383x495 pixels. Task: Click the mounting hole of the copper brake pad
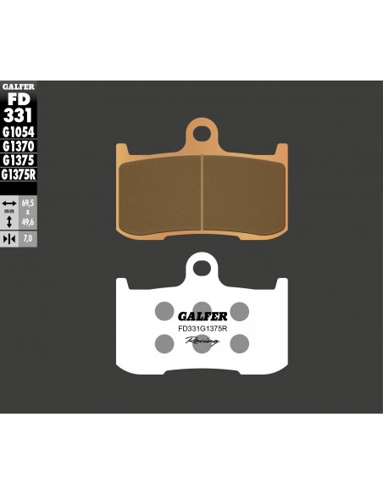pos(201,132)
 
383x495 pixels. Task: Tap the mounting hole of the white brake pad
pos(201,270)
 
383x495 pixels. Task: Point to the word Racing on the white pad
pos(202,340)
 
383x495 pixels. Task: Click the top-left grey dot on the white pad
pos(164,310)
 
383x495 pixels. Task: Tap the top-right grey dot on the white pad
pos(240,310)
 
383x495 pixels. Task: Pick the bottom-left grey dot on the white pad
pos(164,342)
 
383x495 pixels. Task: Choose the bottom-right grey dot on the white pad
pos(240,342)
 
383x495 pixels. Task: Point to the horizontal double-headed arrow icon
pos(8,204)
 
